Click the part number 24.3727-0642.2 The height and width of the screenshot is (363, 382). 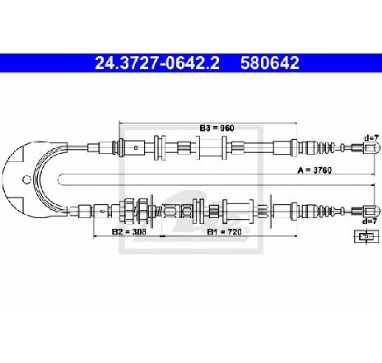pos(157,63)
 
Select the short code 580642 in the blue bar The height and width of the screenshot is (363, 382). pos(270,63)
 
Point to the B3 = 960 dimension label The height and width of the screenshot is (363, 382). pos(217,128)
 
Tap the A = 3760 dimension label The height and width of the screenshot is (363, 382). pos(314,170)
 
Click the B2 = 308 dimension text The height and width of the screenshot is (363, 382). pos(129,231)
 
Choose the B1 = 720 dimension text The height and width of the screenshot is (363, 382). pos(224,231)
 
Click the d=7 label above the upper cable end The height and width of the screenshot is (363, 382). pos(371,137)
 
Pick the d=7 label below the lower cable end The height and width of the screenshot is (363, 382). pos(370,221)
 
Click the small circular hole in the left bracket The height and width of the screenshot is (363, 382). pos(26,179)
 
